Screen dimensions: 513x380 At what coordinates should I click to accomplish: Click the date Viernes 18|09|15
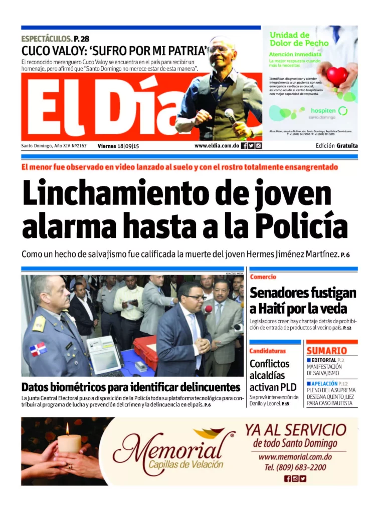[118, 146]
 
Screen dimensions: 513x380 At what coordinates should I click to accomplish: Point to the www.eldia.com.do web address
[216, 146]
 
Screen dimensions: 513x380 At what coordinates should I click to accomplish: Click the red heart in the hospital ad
[337, 76]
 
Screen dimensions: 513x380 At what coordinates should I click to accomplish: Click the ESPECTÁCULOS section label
[47, 39]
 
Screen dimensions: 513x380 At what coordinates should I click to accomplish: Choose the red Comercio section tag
[263, 277]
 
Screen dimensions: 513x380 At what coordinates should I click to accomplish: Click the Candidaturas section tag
[268, 351]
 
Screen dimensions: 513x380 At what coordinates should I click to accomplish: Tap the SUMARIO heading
[326, 351]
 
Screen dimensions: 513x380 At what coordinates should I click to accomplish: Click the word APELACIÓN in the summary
[324, 383]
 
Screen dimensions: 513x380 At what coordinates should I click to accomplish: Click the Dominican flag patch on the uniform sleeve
[38, 349]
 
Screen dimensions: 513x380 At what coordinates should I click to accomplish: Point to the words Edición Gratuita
[337, 146]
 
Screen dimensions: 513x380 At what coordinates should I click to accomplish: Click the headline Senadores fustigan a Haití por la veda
[303, 300]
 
